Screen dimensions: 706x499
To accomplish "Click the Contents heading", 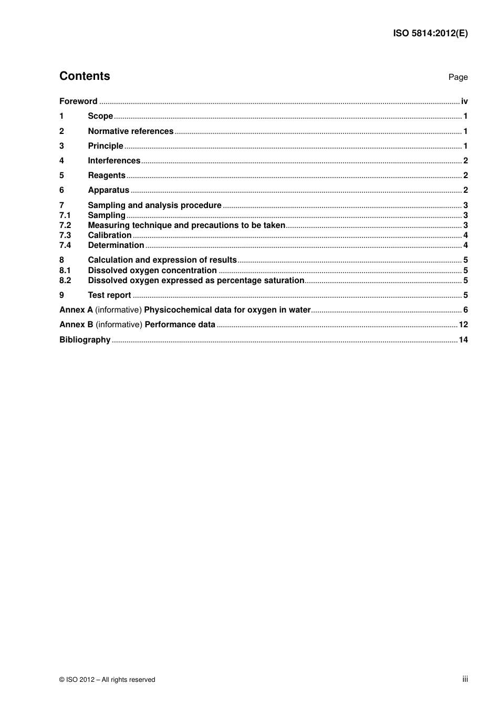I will click(x=85, y=76).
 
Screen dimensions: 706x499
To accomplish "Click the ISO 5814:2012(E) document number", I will click(x=430, y=33).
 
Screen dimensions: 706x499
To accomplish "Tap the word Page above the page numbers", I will click(x=458, y=77).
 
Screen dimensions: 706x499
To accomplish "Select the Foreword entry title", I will click(x=78, y=101).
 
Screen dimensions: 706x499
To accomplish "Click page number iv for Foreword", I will click(x=464, y=101).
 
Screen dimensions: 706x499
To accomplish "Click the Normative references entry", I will click(x=130, y=131).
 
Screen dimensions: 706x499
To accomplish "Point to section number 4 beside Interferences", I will click(x=61, y=161).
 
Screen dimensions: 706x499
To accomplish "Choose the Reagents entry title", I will click(x=107, y=175).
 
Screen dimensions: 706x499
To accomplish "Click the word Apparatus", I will click(x=108, y=190).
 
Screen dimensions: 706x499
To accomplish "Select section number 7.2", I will click(x=65, y=225).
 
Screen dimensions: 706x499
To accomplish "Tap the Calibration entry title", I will click(x=109, y=235).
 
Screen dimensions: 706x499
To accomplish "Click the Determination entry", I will click(x=116, y=245).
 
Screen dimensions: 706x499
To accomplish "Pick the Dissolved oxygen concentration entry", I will click(x=152, y=271).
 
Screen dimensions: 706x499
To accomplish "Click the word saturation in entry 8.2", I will click(x=284, y=281).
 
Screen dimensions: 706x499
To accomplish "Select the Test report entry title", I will click(x=109, y=295).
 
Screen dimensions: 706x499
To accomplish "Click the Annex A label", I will click(x=76, y=310).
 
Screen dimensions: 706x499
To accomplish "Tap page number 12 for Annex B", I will click(x=463, y=325).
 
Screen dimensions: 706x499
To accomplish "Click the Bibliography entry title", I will click(x=85, y=340).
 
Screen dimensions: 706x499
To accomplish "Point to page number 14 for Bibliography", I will click(x=463, y=340).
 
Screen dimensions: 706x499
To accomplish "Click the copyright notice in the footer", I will click(x=107, y=680).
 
